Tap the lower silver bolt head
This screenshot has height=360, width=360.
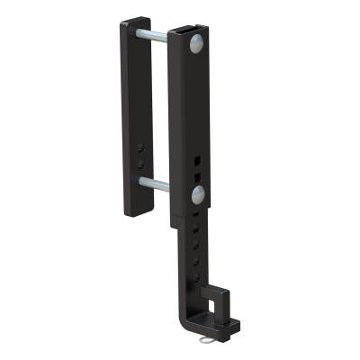point(198,194)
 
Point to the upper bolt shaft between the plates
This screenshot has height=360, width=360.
point(153,36)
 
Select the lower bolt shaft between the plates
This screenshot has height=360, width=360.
point(155,184)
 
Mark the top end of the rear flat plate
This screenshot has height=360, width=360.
point(135,22)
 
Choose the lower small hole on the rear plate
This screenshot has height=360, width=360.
point(141,164)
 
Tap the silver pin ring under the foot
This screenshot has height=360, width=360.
point(210,343)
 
